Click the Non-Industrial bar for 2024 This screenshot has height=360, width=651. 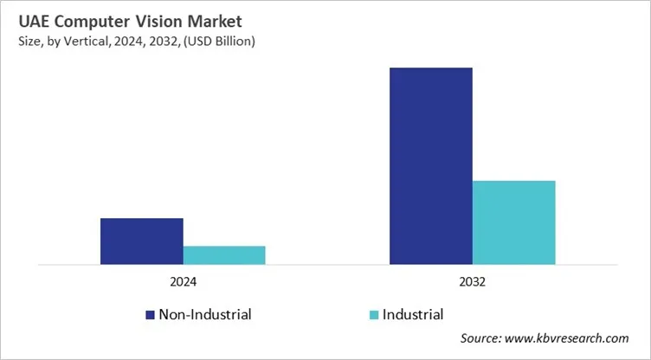(141, 241)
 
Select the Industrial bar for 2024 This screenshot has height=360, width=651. (224, 255)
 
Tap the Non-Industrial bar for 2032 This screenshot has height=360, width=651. (430, 165)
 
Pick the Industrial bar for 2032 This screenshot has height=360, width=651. (513, 222)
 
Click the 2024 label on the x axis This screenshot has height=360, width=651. (183, 282)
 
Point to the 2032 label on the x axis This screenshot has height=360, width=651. (472, 282)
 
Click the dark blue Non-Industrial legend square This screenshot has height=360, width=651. (150, 315)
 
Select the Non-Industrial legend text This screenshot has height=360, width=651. (204, 315)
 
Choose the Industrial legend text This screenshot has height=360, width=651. (414, 315)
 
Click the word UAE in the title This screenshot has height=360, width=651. (30, 20)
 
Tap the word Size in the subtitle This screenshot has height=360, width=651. (27, 40)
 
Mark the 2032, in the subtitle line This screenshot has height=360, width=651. (158, 40)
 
